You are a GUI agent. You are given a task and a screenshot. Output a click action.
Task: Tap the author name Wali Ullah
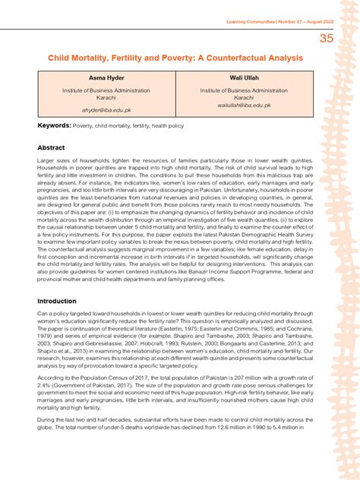click(244, 78)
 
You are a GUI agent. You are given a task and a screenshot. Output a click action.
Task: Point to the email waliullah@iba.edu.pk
click(244, 106)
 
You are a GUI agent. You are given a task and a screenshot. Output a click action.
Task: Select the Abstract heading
click(51, 147)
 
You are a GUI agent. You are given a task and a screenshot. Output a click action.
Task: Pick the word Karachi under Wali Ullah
click(244, 98)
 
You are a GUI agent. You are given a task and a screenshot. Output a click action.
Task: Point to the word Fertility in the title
click(129, 58)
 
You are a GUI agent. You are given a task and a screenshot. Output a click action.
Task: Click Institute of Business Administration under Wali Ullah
click(244, 90)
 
